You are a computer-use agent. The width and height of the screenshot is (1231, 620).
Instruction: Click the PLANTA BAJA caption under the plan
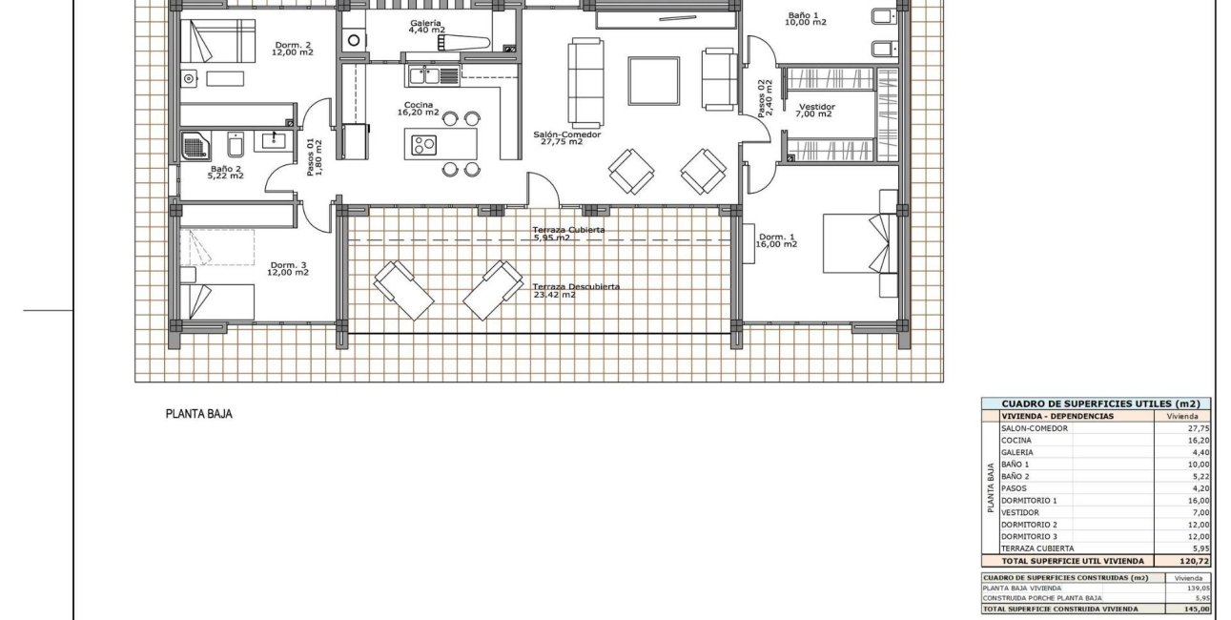(x=199, y=414)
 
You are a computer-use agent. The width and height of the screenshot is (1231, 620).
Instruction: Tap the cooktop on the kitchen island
(x=423, y=145)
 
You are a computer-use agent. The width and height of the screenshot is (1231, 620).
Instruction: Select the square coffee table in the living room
(x=653, y=81)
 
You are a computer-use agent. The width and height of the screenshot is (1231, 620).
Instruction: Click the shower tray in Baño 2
(x=195, y=147)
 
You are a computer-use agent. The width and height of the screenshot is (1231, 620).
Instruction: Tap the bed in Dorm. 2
(x=218, y=41)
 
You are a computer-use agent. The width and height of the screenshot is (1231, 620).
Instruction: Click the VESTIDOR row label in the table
(x=1019, y=512)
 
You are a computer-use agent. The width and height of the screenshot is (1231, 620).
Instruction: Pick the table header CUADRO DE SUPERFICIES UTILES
(x=1097, y=403)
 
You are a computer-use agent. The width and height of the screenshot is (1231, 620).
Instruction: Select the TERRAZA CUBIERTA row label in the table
(x=1036, y=548)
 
